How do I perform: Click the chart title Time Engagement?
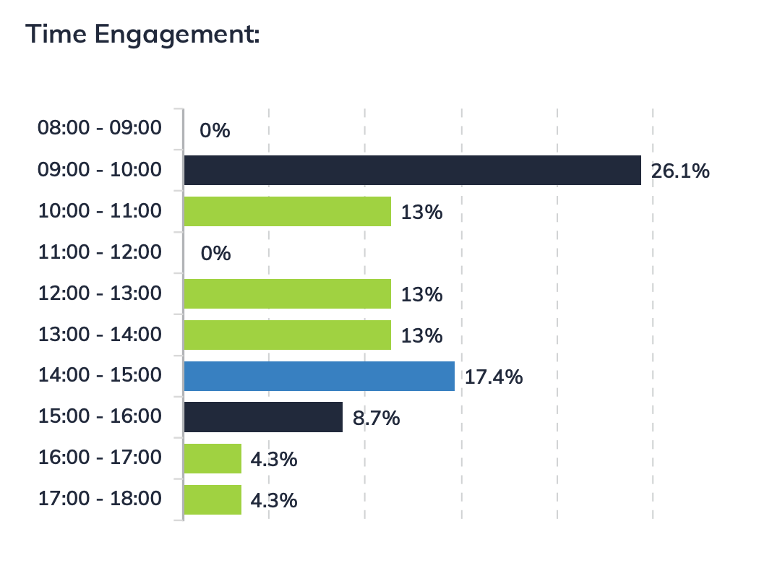coord(142,35)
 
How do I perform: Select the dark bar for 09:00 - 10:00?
coord(412,171)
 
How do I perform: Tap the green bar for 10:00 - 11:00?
coord(287,212)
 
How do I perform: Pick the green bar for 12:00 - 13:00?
coord(287,294)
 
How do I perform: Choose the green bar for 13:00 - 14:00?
coord(287,335)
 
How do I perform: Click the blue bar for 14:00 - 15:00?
coord(319,377)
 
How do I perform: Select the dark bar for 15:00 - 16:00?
coord(263,417)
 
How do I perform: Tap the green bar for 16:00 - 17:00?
coord(213,458)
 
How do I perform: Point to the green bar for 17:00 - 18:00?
coord(213,499)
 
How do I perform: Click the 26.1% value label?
coord(680,172)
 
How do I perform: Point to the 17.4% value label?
coord(494,377)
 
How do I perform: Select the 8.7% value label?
coord(376,418)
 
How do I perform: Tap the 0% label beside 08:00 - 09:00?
coord(215,131)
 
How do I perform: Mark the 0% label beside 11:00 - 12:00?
coord(215,254)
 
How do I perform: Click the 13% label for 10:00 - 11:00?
coord(421,213)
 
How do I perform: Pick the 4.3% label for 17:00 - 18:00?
coord(274,500)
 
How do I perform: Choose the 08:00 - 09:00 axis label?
coord(100,128)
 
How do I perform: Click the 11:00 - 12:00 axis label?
coord(100,252)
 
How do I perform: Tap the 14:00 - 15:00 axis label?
coord(100,374)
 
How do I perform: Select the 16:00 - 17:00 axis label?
coord(100,457)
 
